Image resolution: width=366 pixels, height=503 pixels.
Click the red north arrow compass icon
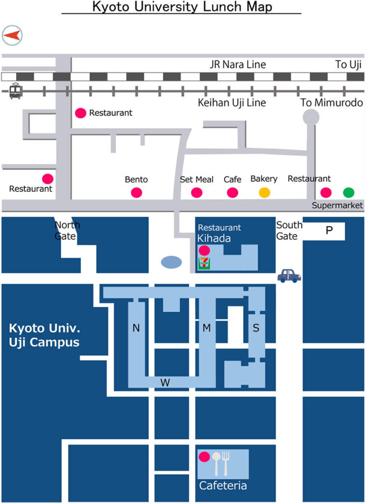click(12, 35)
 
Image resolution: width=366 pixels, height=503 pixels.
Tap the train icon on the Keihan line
click(16, 91)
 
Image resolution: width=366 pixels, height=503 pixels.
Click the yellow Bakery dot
click(264, 193)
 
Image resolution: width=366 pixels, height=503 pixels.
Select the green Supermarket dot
click(348, 193)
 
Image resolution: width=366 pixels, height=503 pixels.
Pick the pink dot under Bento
click(137, 193)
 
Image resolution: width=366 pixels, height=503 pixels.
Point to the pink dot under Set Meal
click(197, 193)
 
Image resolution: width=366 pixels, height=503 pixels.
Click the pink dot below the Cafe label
click(232, 193)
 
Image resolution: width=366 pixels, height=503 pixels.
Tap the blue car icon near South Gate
click(289, 276)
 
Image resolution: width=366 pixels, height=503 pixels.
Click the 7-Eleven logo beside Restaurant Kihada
click(204, 263)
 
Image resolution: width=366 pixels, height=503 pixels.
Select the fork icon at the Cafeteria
click(226, 462)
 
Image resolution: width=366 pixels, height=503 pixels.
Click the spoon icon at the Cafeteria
click(216, 462)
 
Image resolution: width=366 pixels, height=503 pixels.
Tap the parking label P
click(329, 230)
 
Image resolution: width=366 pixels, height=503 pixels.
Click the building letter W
click(165, 383)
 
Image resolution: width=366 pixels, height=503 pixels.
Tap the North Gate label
click(67, 230)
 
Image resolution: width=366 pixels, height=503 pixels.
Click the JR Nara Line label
click(238, 64)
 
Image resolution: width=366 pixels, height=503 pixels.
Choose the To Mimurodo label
click(332, 103)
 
